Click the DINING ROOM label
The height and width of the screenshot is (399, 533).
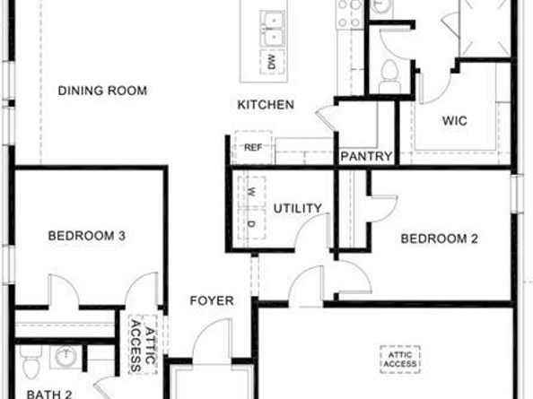pos(102,91)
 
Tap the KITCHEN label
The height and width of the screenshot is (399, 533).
pos(266,105)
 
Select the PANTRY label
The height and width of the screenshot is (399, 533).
pos(366,157)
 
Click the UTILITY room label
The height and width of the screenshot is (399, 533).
pos(297,209)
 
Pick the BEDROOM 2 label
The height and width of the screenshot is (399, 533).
pos(439,239)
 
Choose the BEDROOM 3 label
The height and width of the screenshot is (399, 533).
pos(86,236)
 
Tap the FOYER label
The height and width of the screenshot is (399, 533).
pos(212,300)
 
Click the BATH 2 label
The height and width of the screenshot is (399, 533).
pos(48,393)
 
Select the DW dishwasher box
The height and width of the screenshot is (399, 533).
pos(271,62)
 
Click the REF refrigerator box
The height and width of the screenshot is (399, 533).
pos(252,148)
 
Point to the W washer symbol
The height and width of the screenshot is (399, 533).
pos(252,192)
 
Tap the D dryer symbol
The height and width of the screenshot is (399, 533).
pos(252,223)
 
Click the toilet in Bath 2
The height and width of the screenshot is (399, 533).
pos(29,364)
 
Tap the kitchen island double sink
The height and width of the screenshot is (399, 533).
pos(270,27)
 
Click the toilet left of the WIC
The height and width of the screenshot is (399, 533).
pos(389,74)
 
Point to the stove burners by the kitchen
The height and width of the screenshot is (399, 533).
pos(348,11)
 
